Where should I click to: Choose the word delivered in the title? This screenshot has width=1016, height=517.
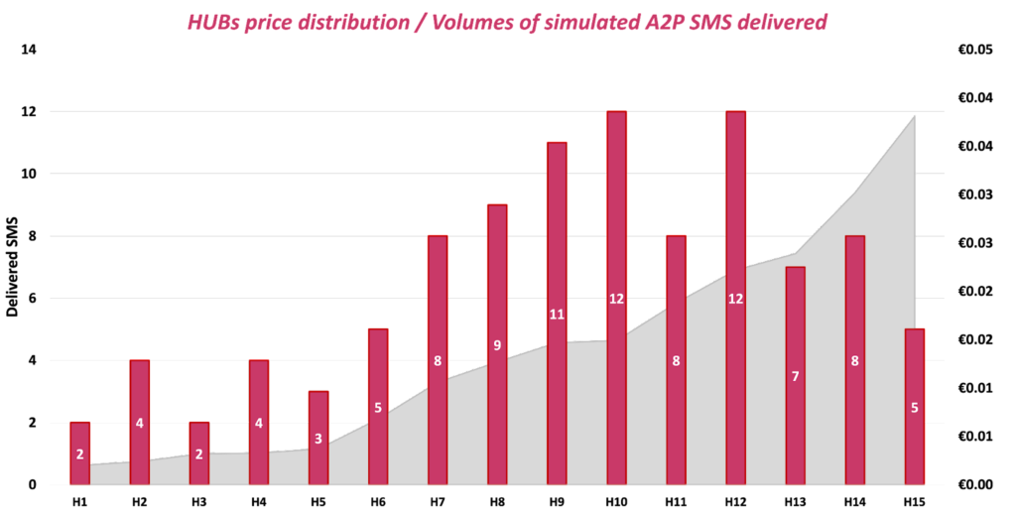tap(785, 22)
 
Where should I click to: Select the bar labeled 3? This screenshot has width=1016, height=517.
tap(318, 438)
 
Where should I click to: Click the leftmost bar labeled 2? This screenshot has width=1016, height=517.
tap(80, 453)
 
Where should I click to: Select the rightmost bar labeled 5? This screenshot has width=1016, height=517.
tap(915, 406)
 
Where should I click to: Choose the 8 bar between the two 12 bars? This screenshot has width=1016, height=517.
tap(676, 360)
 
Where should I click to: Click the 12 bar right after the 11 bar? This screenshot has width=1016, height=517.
tap(616, 298)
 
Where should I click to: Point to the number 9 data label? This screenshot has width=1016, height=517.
tap(497, 345)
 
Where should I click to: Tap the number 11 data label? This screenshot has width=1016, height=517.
tap(557, 315)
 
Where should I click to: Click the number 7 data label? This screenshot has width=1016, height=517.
tap(795, 377)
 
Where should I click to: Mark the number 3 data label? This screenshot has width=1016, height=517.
tap(318, 439)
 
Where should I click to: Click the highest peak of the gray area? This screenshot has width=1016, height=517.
tap(913, 118)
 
